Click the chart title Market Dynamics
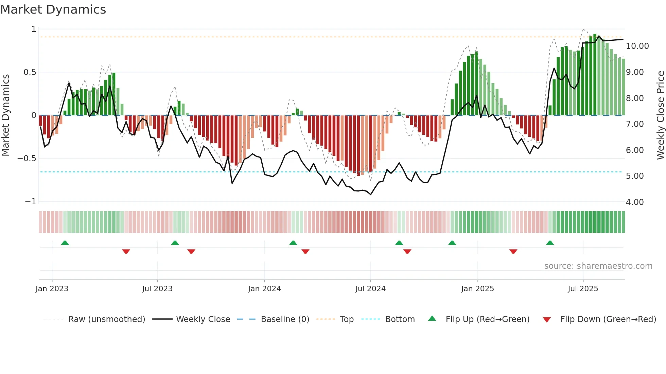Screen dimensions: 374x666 pyautogui.click(x=53, y=10)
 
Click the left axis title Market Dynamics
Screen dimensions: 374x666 pyautogui.click(x=5, y=115)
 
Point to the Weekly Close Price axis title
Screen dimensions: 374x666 pyautogui.click(x=660, y=115)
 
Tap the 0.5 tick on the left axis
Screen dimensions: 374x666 pyautogui.click(x=30, y=72)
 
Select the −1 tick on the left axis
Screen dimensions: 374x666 pyautogui.click(x=30, y=202)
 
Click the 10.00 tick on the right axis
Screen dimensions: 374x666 pyautogui.click(x=637, y=46)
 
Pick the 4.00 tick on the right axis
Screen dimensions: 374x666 pyautogui.click(x=634, y=202)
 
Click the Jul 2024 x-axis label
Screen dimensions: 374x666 pyautogui.click(x=370, y=289)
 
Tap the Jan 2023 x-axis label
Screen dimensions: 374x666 pyautogui.click(x=52, y=289)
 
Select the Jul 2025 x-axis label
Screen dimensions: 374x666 pyautogui.click(x=583, y=289)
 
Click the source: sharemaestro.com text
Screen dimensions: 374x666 pyautogui.click(x=598, y=266)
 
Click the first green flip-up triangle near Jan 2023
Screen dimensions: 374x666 pyautogui.click(x=65, y=243)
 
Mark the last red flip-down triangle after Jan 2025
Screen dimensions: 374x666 pyautogui.click(x=513, y=251)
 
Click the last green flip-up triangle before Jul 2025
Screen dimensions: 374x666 pyautogui.click(x=550, y=243)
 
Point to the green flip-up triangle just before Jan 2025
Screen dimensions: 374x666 pyautogui.click(x=452, y=243)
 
